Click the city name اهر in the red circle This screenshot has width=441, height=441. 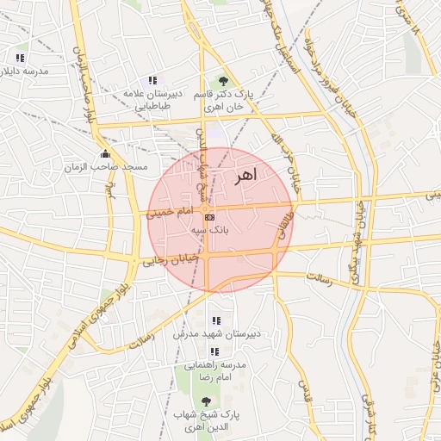(245, 176)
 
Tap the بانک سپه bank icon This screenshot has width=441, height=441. (210, 217)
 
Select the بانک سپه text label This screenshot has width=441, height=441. (211, 231)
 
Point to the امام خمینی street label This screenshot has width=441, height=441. (171, 210)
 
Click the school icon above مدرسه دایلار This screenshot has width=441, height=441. (20, 58)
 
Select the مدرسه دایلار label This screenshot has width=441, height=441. (26, 70)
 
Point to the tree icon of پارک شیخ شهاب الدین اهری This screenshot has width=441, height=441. (205, 401)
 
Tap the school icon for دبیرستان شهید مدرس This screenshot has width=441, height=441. (215, 320)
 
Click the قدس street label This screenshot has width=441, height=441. (303, 389)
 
